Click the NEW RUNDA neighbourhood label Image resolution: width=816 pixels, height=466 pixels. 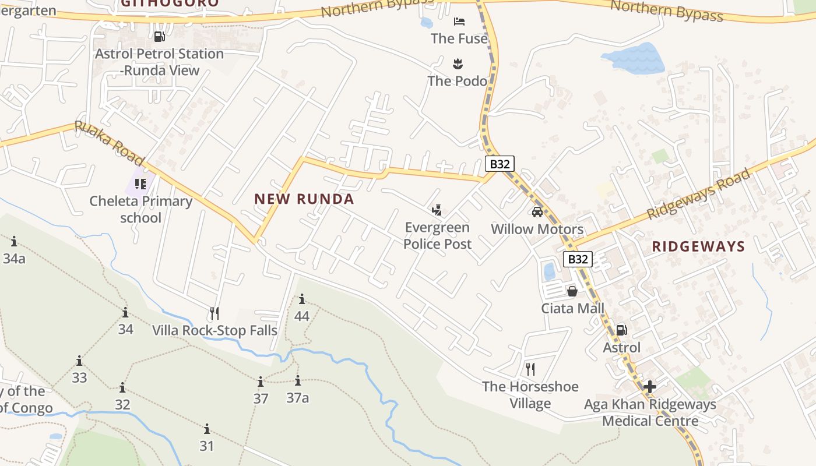pos(304,199)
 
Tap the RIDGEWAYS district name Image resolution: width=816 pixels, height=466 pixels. pos(698,246)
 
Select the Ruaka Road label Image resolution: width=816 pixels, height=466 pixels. pos(109,143)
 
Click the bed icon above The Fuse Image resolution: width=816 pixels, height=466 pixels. pos(459,22)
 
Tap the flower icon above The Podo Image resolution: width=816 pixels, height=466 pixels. pos(458,63)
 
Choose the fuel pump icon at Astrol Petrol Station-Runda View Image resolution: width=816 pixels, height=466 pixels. pos(159,36)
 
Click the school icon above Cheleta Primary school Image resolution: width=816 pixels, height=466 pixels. pos(140,184)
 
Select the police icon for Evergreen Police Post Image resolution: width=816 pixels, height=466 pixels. pos(437,210)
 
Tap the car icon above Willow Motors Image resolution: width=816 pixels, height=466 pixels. pos(537,211)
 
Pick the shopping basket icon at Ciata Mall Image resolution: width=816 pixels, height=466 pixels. pos(572,291)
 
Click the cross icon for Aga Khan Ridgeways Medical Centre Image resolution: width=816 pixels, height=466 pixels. pos(649,386)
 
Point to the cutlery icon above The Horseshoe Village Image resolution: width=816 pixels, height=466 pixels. pos(530,369)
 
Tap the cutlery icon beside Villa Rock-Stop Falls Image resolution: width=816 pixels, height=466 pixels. pos(214,313)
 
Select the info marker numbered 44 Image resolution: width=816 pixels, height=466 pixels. pos(302,300)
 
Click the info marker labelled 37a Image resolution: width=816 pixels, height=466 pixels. pos(297,381)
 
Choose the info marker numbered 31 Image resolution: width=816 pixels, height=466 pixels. pos(207,430)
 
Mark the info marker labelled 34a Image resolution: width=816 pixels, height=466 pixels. pos(13,241)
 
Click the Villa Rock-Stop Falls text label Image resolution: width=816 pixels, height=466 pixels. pos(214,330)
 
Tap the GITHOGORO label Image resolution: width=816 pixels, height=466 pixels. pos(170,3)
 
